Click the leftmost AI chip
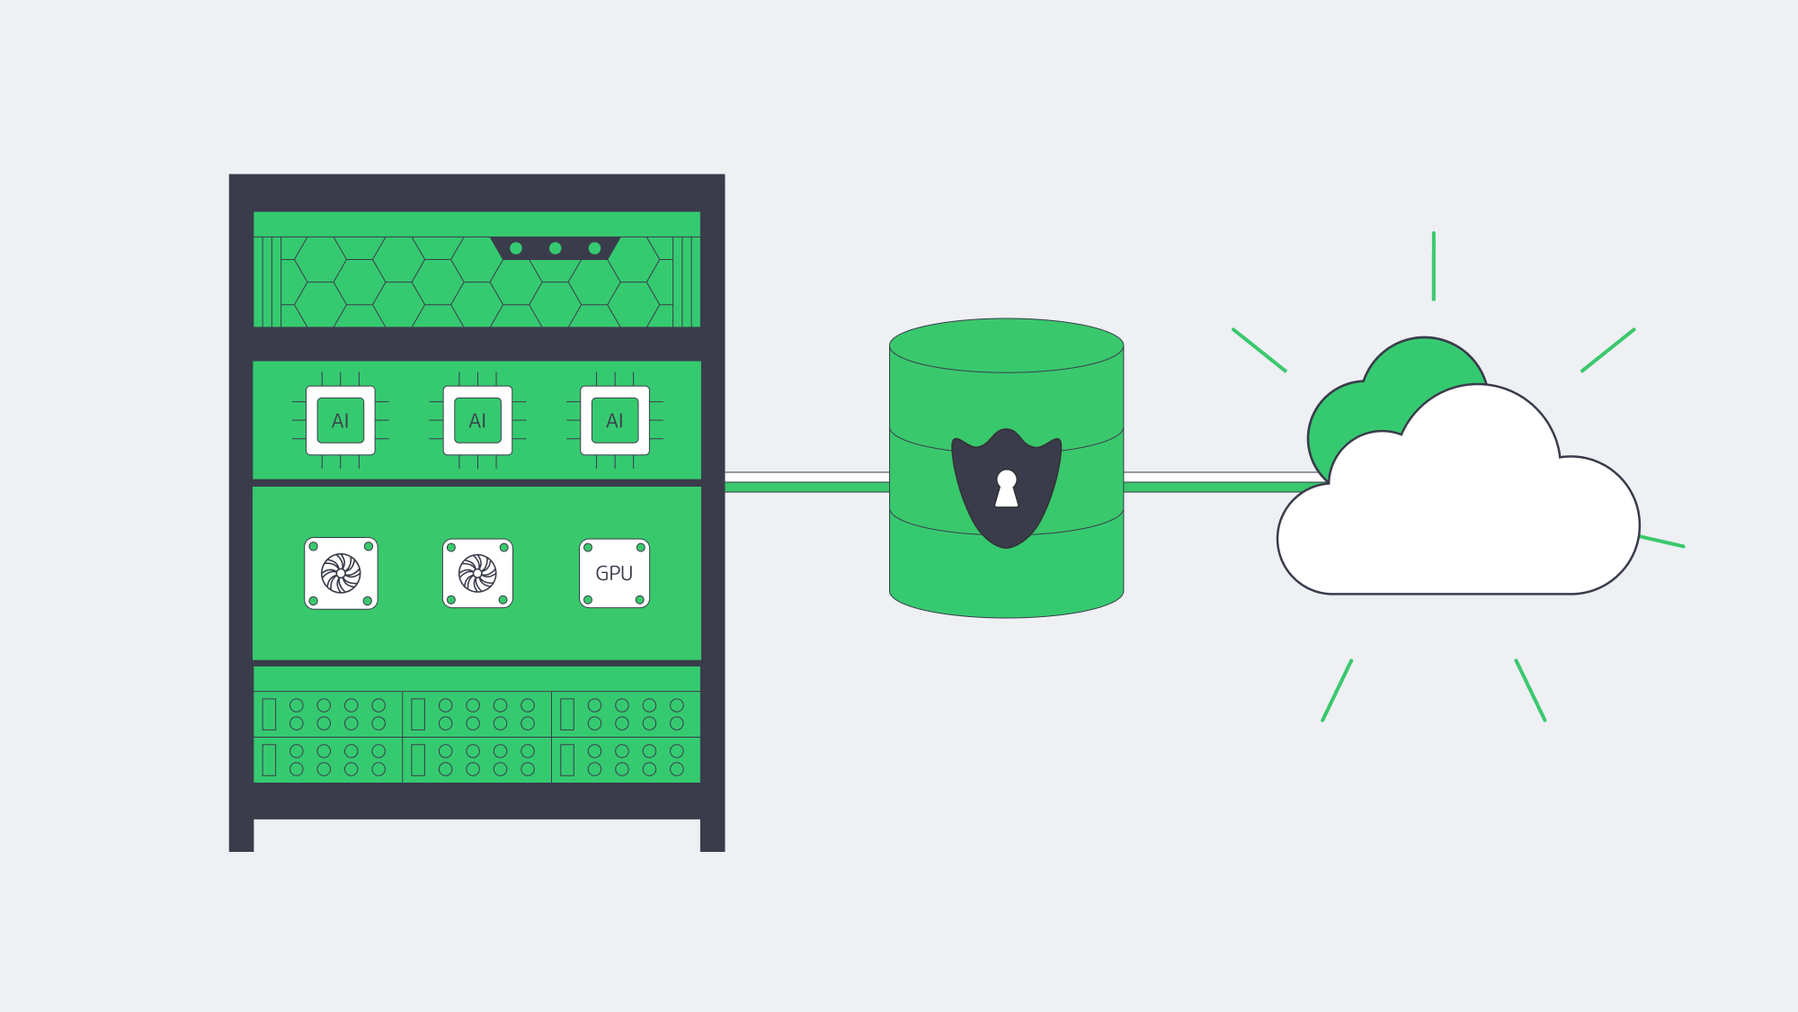coord(341,420)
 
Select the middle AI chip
coord(477,420)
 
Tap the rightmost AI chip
coord(615,420)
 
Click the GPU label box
coord(615,573)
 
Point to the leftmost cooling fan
coord(341,573)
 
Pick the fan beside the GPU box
coord(477,573)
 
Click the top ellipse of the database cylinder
coord(1006,345)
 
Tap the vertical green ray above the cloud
coord(1434,266)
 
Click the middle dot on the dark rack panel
coord(556,248)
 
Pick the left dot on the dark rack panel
coord(516,248)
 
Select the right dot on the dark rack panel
coord(594,248)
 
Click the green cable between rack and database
coord(806,487)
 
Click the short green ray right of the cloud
coord(1661,542)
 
